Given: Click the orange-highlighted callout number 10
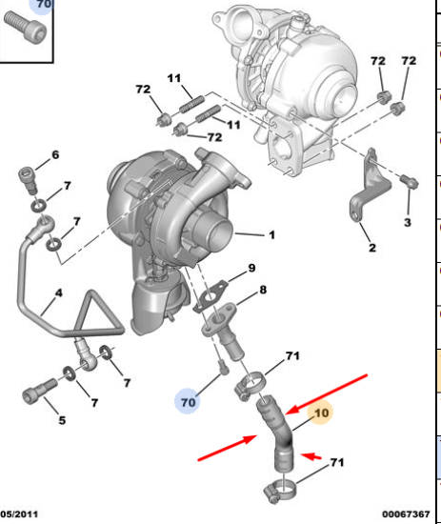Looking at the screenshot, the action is (x=321, y=413).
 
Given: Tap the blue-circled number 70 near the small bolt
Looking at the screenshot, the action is (x=188, y=402).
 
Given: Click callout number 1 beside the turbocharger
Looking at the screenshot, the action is (x=272, y=235).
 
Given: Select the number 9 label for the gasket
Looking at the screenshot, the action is (x=251, y=268).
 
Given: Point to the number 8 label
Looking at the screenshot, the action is (x=263, y=290).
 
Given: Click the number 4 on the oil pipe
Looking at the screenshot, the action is (x=59, y=293).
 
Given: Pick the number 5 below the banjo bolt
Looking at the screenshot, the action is (x=62, y=420).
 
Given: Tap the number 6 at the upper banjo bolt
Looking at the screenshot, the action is (x=55, y=154).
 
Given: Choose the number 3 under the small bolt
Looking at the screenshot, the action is (x=408, y=223).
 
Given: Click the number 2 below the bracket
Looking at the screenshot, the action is (x=372, y=248).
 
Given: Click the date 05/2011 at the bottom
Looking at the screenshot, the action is (x=19, y=514).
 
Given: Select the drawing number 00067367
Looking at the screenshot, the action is (x=406, y=514).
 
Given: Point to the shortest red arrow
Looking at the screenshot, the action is (x=311, y=456).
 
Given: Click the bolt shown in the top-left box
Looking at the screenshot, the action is (x=26, y=27).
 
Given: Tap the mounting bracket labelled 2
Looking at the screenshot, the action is (x=370, y=186).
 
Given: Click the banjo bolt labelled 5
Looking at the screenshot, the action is (x=40, y=391).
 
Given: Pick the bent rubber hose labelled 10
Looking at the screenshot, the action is (x=276, y=431).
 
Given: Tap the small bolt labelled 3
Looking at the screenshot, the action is (x=410, y=181).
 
